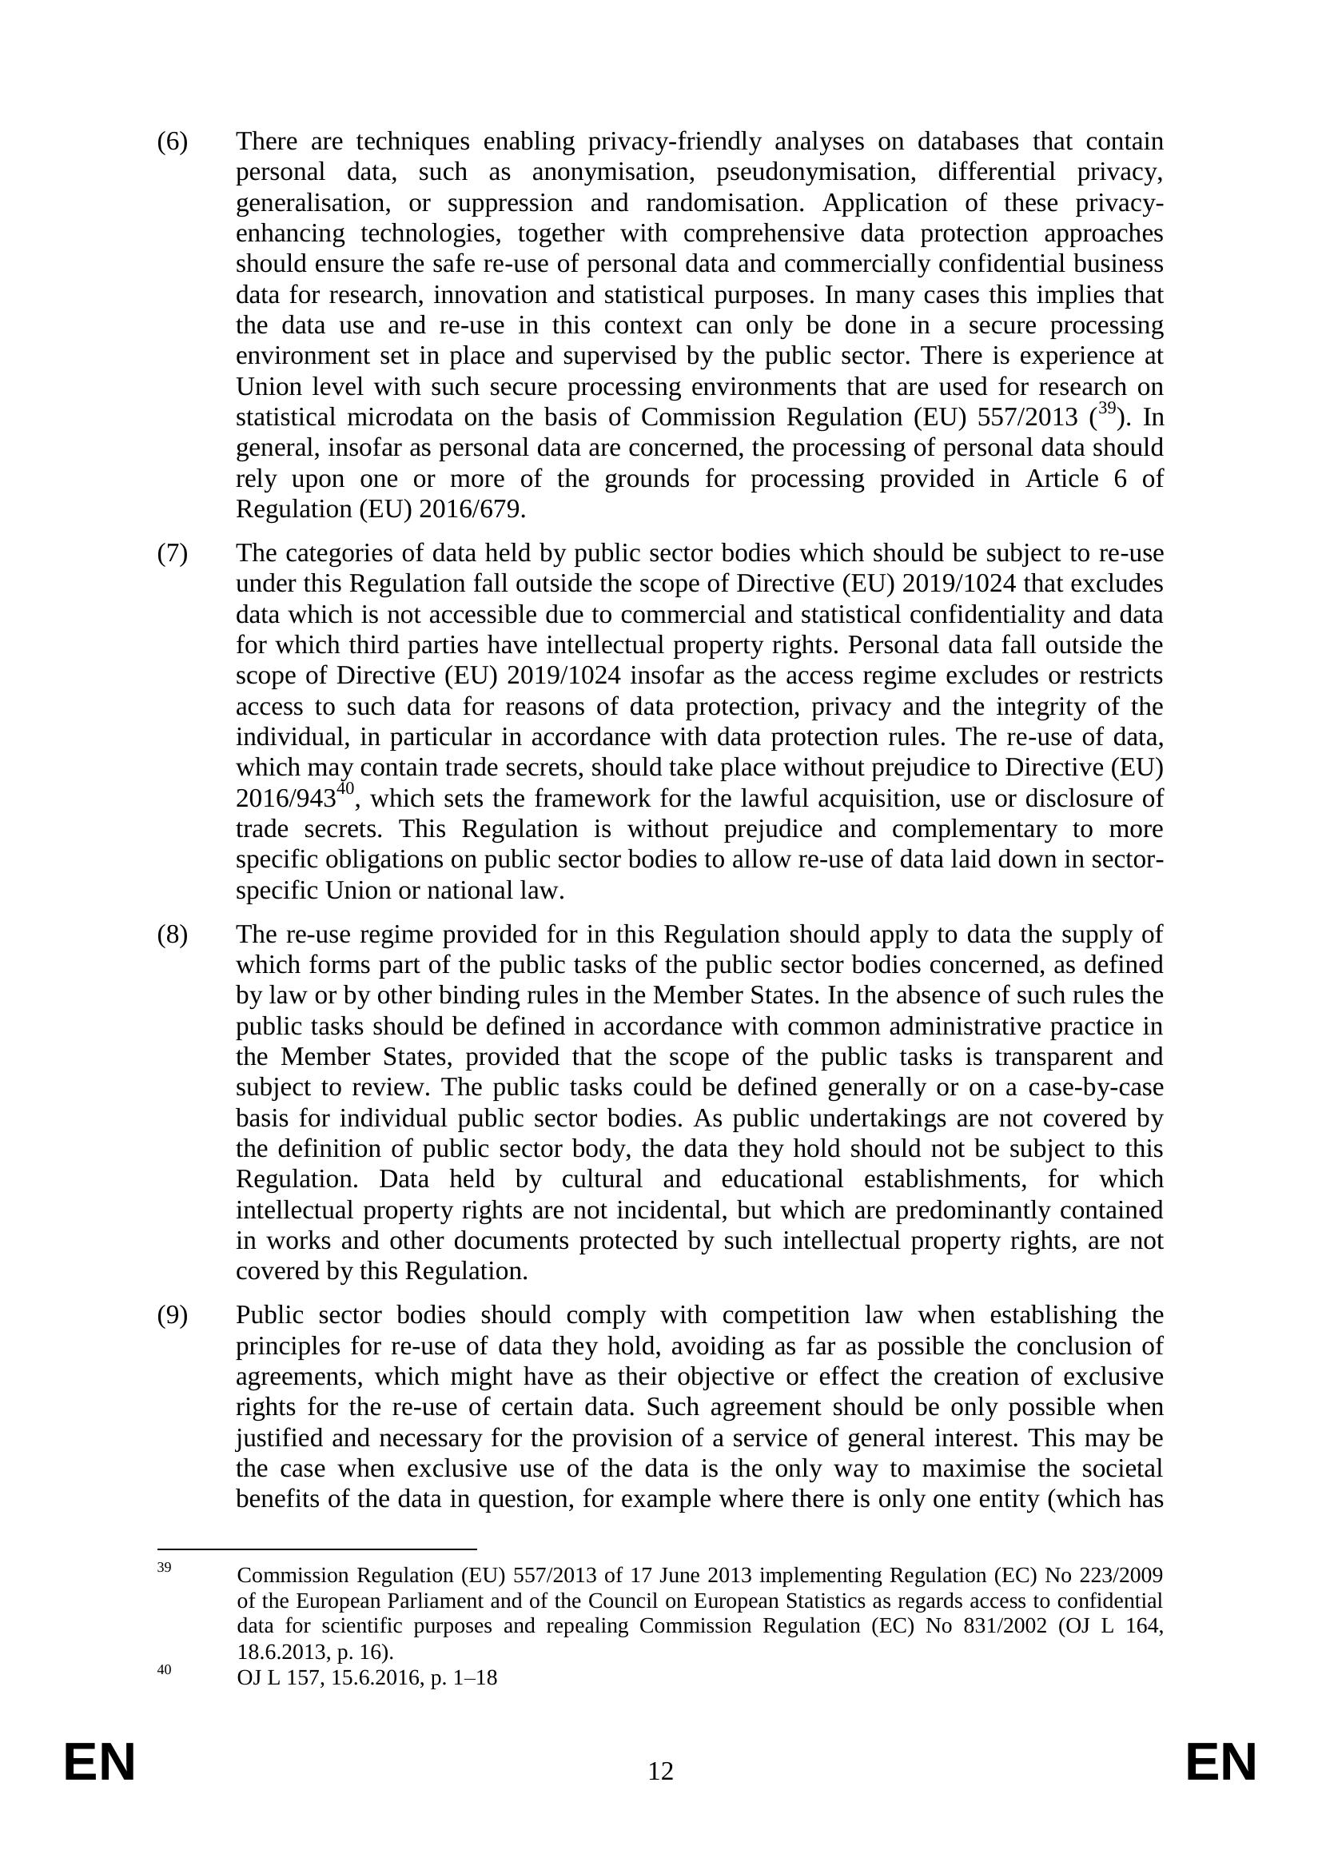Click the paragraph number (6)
coord(172,142)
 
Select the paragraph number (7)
coord(172,554)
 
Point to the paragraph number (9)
coord(172,1315)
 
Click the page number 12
coord(660,1794)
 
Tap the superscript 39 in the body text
coord(1106,409)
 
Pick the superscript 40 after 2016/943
coord(345,788)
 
